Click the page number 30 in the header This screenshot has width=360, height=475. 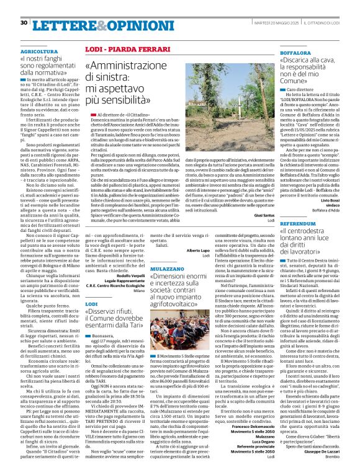[23, 23]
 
